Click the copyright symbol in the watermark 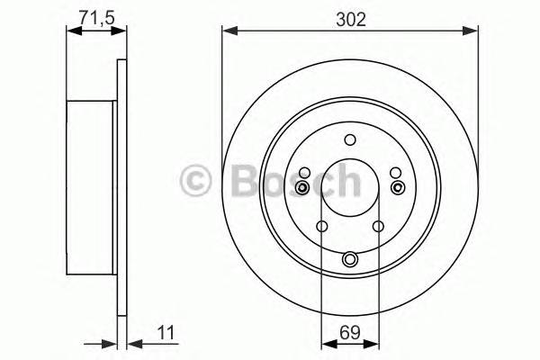(x=195, y=181)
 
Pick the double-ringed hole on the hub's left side (x=303, y=187)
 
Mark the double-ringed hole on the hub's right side (x=398, y=187)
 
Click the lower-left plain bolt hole (x=321, y=227)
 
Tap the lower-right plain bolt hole (x=379, y=227)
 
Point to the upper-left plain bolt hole (x=305, y=172)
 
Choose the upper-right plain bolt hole (x=395, y=172)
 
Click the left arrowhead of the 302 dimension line (x=228, y=32)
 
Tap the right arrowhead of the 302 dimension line (x=472, y=32)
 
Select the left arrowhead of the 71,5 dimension (x=73, y=32)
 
